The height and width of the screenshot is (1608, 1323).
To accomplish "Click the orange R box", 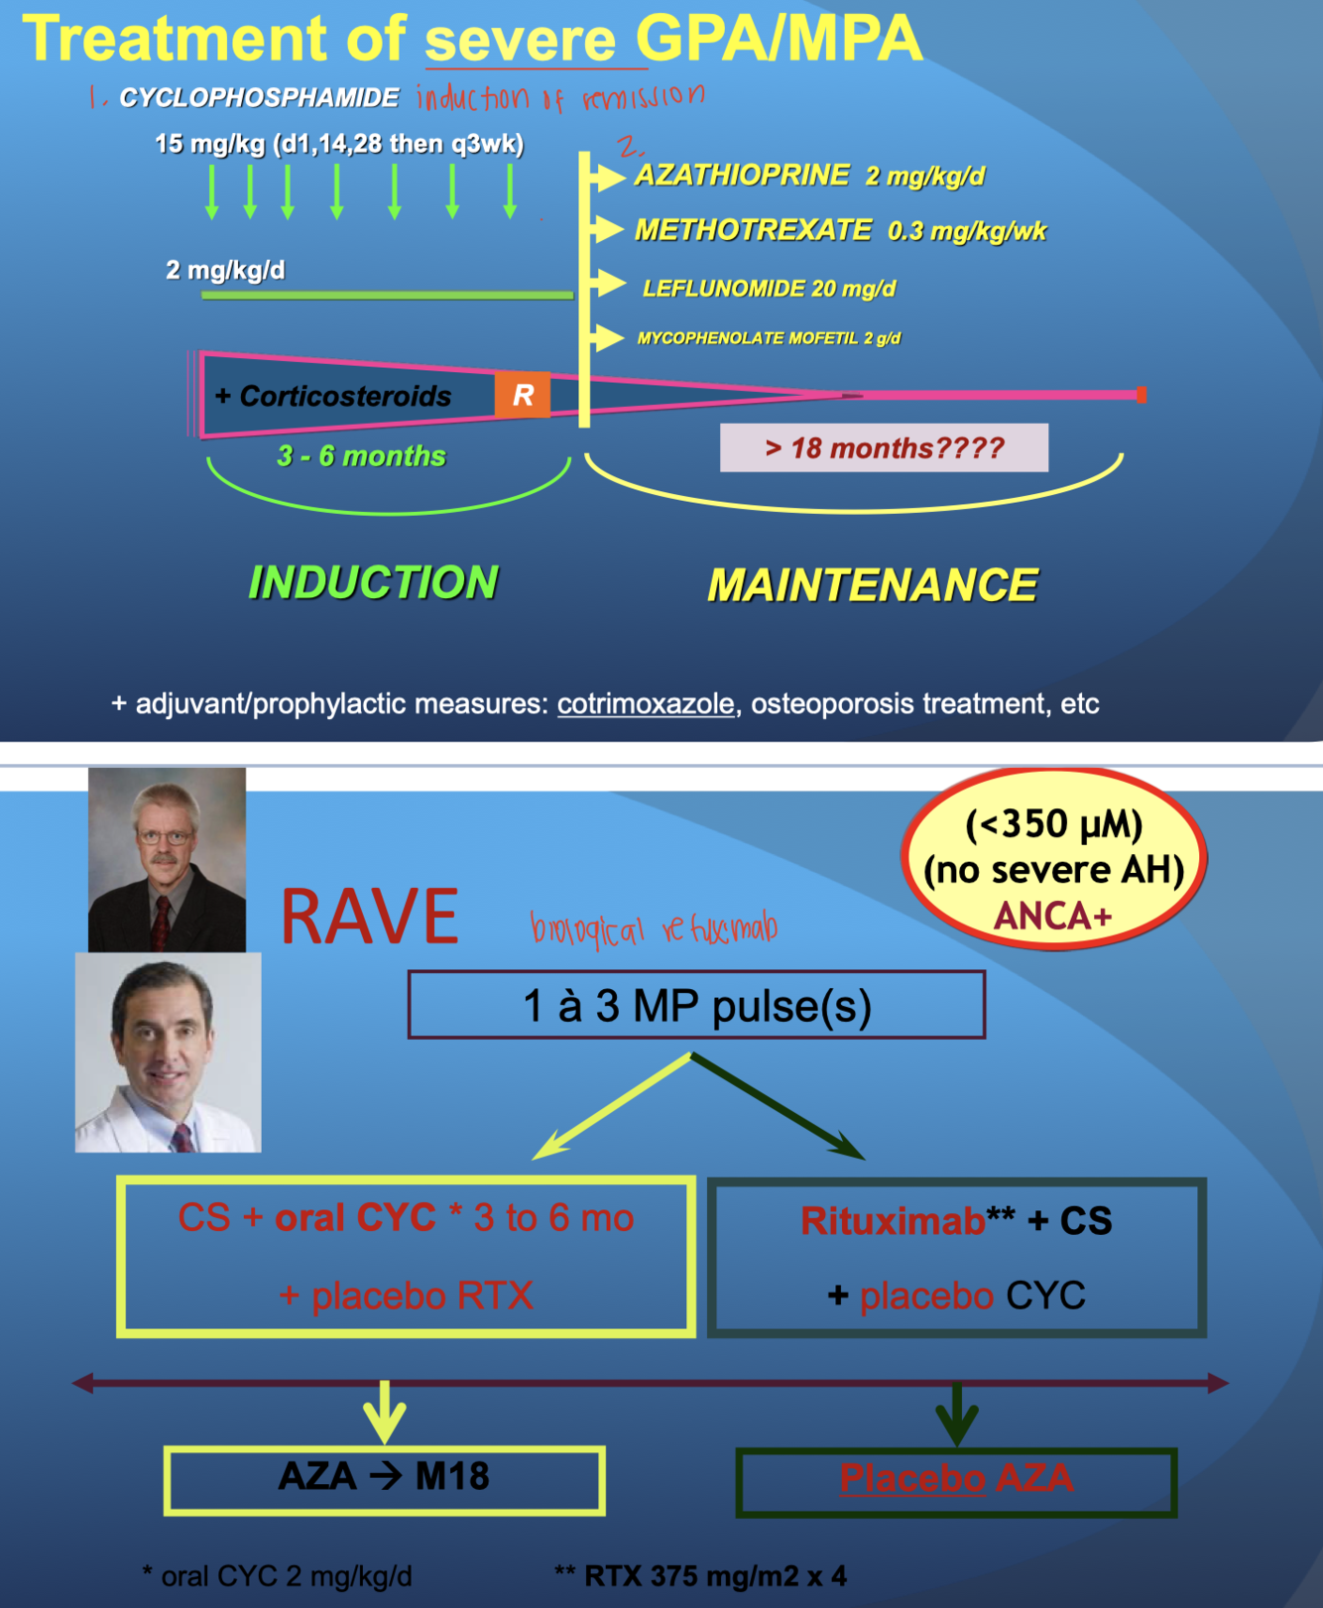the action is click(523, 396).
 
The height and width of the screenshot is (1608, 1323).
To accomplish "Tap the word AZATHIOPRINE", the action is click(742, 176).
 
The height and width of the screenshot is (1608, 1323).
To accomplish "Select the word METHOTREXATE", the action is click(753, 230).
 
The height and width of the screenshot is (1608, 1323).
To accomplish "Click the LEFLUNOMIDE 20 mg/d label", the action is click(769, 289).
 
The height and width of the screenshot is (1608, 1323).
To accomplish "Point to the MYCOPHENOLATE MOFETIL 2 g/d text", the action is click(769, 338).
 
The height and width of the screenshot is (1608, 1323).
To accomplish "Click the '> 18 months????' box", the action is click(884, 448).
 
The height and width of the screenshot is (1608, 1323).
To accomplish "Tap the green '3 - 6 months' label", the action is click(361, 456).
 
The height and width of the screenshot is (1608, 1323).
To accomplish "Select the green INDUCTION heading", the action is click(373, 582).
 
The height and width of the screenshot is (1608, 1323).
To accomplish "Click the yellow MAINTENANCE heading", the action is click(872, 585).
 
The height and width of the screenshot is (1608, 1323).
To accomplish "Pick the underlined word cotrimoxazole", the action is click(646, 704).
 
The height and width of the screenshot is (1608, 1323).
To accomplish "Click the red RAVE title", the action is click(369, 917).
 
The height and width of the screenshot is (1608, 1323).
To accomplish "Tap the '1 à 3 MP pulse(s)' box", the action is click(696, 1006).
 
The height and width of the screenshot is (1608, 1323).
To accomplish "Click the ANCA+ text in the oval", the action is click(1052, 916).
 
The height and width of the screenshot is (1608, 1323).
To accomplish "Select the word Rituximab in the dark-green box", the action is click(892, 1221).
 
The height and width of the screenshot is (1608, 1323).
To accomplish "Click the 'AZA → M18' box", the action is click(384, 1478).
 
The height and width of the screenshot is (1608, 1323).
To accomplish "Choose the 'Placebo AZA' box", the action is click(956, 1480).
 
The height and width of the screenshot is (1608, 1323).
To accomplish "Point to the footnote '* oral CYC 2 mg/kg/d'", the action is click(277, 1575).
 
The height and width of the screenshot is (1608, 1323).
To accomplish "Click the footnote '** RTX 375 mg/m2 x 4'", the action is click(700, 1575).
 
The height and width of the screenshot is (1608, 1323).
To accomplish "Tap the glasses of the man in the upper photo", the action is click(165, 836).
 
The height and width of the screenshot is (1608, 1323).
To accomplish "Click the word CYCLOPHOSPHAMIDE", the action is click(259, 98).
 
